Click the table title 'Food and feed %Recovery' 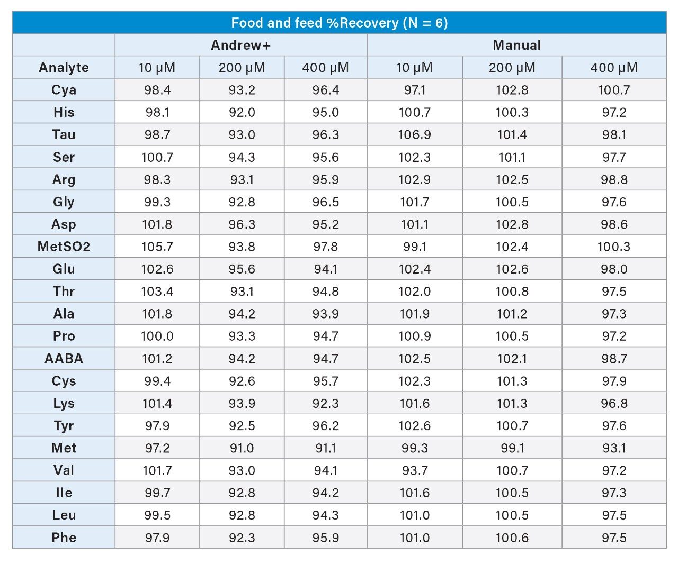click(339, 23)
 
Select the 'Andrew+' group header click(240, 45)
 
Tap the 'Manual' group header click(516, 45)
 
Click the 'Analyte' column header click(64, 68)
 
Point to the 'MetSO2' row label click(64, 247)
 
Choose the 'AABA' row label click(64, 359)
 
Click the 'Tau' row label click(64, 134)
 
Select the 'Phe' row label click(64, 538)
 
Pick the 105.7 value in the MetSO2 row click(157, 247)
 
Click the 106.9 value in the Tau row click(414, 134)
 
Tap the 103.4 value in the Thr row click(157, 292)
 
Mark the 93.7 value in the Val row click(414, 470)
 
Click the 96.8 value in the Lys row click(614, 403)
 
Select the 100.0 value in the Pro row click(157, 336)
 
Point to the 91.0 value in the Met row click(242, 448)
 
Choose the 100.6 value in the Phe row click(512, 538)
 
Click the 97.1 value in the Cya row click(414, 90)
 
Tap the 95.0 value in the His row click(325, 112)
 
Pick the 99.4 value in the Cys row click(157, 381)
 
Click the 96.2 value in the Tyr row click(325, 426)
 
